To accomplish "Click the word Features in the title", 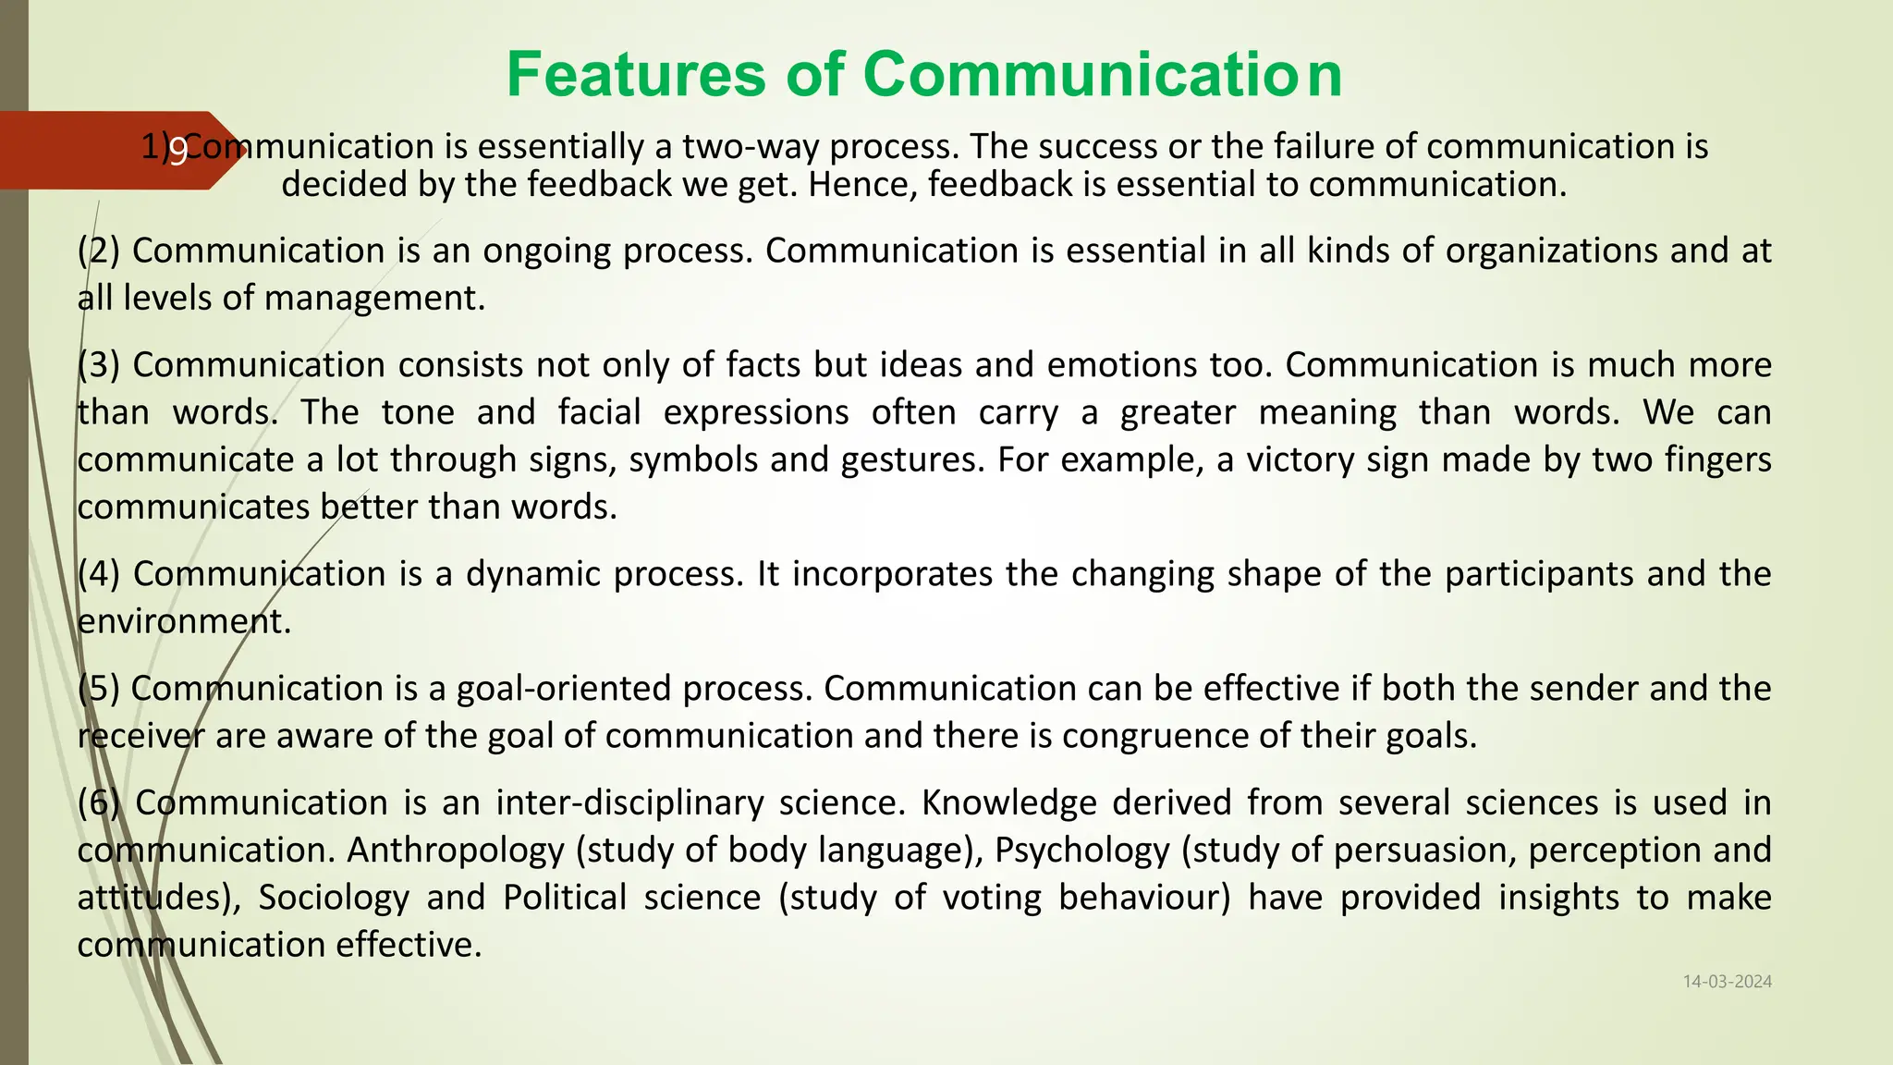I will (x=636, y=74).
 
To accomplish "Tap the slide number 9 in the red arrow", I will (x=177, y=151).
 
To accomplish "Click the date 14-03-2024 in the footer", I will (x=1727, y=982).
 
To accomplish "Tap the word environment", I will (x=184, y=621).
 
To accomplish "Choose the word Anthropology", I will (x=456, y=851).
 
